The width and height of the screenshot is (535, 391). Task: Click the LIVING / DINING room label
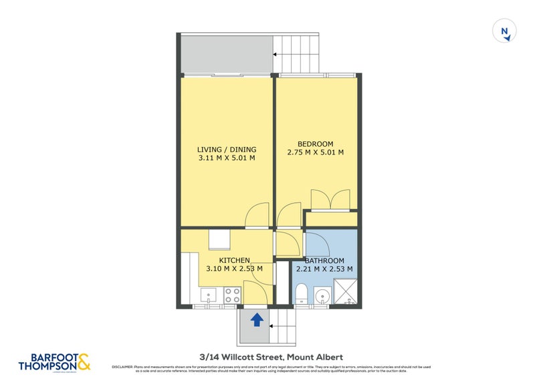(x=227, y=149)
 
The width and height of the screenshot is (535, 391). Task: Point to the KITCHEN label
(x=234, y=260)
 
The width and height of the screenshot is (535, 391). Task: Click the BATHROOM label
(x=324, y=260)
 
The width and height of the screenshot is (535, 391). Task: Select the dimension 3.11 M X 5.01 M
(x=227, y=159)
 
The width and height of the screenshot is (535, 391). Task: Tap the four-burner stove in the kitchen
(x=232, y=295)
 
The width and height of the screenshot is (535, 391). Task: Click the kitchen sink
(x=208, y=295)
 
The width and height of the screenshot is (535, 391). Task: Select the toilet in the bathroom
(x=301, y=293)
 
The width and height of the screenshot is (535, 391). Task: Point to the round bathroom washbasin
(x=322, y=295)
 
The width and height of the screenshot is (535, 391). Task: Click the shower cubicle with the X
(x=347, y=293)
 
